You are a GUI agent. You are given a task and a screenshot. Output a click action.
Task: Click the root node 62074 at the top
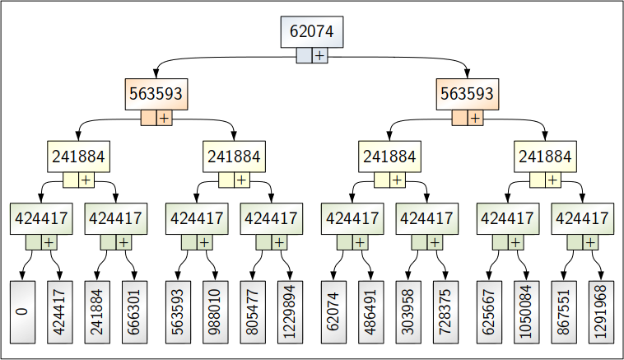[x=312, y=31]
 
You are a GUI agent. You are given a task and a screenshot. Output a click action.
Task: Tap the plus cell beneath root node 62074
[x=319, y=55]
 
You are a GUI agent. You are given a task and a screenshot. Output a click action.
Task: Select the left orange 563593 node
[x=156, y=94]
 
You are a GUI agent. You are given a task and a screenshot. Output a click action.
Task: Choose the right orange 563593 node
[x=467, y=94]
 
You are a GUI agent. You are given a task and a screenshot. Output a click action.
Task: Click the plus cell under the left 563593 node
[x=164, y=118]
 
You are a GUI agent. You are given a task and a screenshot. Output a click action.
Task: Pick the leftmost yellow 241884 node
[x=78, y=157]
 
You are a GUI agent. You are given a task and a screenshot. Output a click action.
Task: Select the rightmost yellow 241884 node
[x=544, y=157]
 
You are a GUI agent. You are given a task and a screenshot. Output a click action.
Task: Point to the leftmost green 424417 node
[x=40, y=218]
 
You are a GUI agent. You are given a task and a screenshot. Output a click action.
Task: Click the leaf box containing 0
[x=22, y=311]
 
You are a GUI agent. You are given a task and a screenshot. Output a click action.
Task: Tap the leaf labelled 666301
[x=134, y=311]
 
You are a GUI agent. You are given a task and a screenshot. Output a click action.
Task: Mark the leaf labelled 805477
[x=253, y=311]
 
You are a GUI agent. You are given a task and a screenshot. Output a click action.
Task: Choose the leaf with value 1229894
[x=290, y=311]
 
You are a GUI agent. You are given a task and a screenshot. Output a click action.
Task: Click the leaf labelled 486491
[x=370, y=311]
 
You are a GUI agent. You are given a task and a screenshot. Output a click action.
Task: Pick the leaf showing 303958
[x=408, y=311]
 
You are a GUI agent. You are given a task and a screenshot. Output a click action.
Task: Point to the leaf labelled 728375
[x=445, y=311]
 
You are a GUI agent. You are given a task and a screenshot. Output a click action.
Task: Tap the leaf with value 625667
[x=489, y=311]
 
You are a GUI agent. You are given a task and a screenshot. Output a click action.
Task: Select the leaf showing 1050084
[x=526, y=311]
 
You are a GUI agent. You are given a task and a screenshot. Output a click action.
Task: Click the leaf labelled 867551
[x=564, y=311]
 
